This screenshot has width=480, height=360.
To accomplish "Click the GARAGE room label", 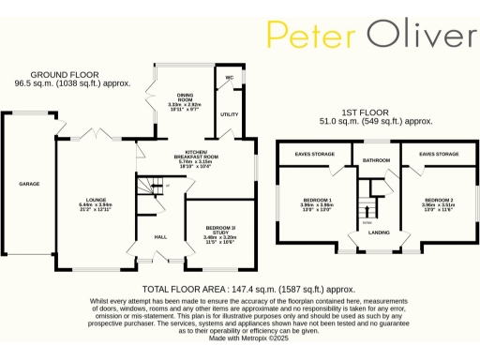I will pos(29,184).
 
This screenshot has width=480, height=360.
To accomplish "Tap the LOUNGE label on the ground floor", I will pos(96,200).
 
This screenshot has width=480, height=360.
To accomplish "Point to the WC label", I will pos(229,76).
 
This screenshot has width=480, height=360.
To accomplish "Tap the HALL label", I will pos(160,237).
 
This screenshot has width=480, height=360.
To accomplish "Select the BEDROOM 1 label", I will pos(317,200).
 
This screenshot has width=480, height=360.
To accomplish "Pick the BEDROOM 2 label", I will pos(439,200).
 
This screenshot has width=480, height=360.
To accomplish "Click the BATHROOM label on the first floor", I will pos(376,160).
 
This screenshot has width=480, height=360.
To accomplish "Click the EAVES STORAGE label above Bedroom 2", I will pos(439,153).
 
